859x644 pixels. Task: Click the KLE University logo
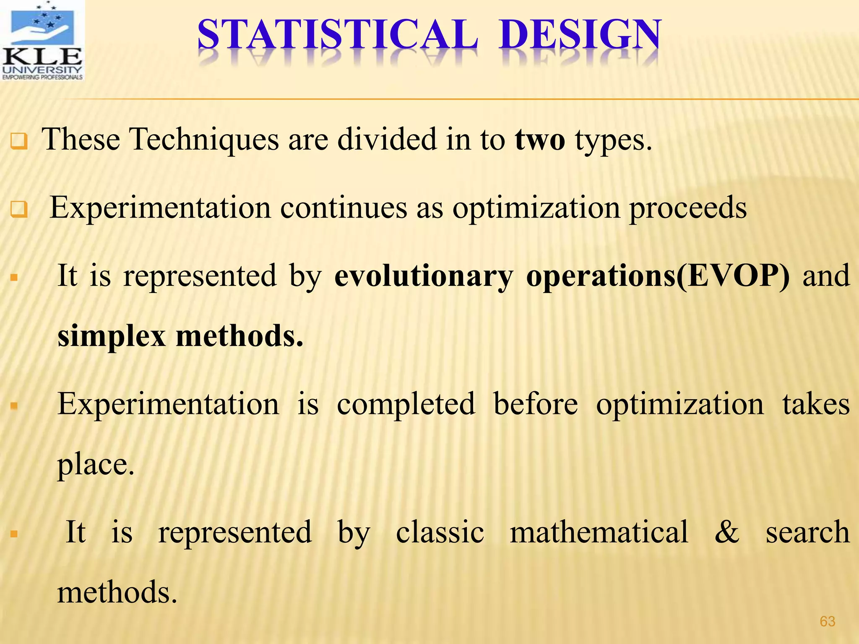click(x=42, y=41)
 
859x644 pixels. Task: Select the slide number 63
click(x=827, y=621)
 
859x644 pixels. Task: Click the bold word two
click(x=540, y=140)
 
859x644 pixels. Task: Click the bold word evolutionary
click(x=424, y=277)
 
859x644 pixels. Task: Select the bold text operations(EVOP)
click(x=658, y=277)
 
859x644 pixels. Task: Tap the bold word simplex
click(x=112, y=337)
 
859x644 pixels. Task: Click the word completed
click(x=406, y=405)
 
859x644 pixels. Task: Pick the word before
click(x=536, y=405)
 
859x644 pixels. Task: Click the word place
click(x=96, y=465)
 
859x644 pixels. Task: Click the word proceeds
click(x=688, y=208)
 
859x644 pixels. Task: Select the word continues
click(x=344, y=208)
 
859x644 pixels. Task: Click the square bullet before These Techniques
click(x=19, y=141)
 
